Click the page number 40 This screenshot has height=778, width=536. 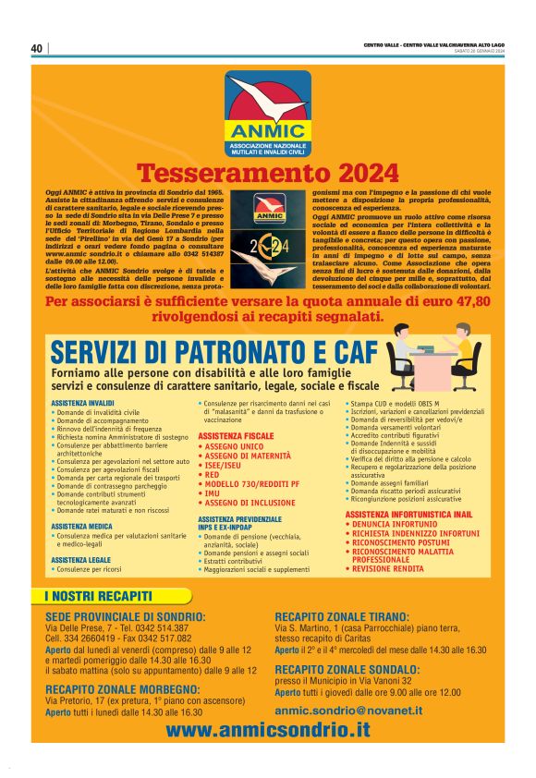[37, 49]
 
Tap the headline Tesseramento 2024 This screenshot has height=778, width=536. [268, 173]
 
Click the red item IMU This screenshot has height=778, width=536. [212, 494]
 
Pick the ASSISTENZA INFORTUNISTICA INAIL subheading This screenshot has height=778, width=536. [408, 514]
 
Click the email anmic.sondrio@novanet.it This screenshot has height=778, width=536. [348, 711]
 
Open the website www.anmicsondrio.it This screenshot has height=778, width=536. [268, 729]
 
